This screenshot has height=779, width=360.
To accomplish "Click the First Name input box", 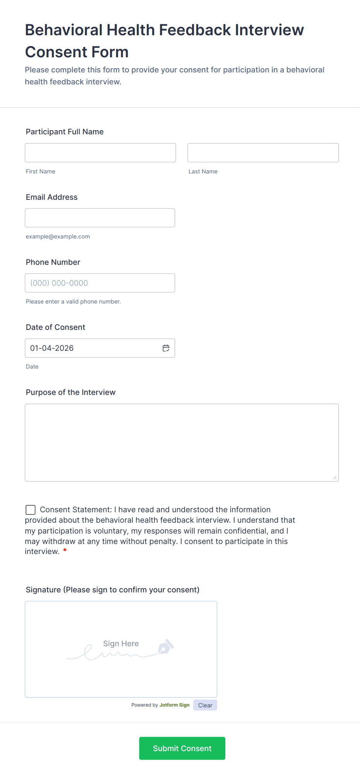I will [x=100, y=153].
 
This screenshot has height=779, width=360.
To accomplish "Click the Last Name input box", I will [x=263, y=153].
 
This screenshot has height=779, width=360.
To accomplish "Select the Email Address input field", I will [x=100, y=218].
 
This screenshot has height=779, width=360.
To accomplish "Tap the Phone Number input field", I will [x=100, y=283].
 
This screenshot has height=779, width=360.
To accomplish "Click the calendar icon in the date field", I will [x=166, y=348].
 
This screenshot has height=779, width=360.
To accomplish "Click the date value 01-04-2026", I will [x=52, y=348].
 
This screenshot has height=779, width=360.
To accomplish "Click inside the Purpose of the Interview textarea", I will [x=182, y=443].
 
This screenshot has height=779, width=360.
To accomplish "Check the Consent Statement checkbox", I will [x=31, y=510].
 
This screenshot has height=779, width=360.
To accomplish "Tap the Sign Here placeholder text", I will [x=121, y=643].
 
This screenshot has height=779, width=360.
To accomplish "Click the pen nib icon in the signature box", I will [x=166, y=647].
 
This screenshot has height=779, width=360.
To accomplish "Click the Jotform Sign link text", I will [x=175, y=705].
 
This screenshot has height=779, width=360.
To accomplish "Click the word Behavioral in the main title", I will [x=64, y=30].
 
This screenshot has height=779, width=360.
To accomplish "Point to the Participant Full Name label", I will [x=65, y=132].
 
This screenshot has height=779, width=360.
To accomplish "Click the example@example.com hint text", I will [x=58, y=237].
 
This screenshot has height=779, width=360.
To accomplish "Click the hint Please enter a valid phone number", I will [x=73, y=302].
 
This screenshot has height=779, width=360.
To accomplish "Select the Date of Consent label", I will [x=55, y=327].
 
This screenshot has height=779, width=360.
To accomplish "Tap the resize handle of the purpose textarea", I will [x=335, y=477].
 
